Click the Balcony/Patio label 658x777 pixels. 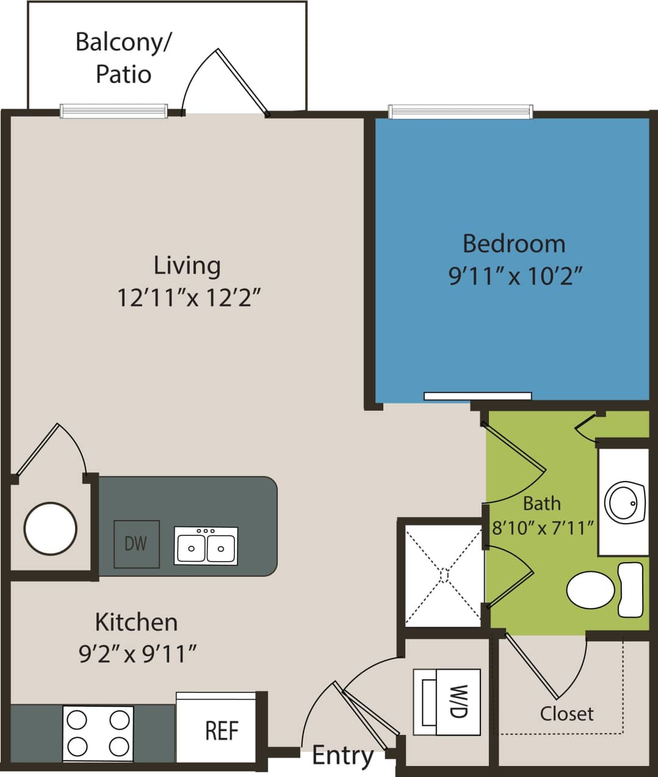pos(123,58)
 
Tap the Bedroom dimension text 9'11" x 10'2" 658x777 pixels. pos(515,276)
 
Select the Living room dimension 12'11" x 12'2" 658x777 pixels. pos(189,298)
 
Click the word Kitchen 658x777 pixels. pos(136,622)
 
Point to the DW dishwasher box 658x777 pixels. pos(137,543)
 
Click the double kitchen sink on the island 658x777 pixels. pos(206,545)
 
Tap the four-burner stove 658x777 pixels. pos(98,733)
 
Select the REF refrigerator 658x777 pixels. pos(221,731)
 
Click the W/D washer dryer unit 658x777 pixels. pos(447,701)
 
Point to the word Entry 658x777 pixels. pos(342,756)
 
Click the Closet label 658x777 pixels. pos(566,713)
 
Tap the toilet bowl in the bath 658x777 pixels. pos(591,590)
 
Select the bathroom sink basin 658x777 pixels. pos(624,502)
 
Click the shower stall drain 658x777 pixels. pos(444,575)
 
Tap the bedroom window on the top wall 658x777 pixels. pos(460,112)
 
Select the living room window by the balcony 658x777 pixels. pos(114,110)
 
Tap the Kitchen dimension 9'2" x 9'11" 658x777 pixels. pos(137,654)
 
